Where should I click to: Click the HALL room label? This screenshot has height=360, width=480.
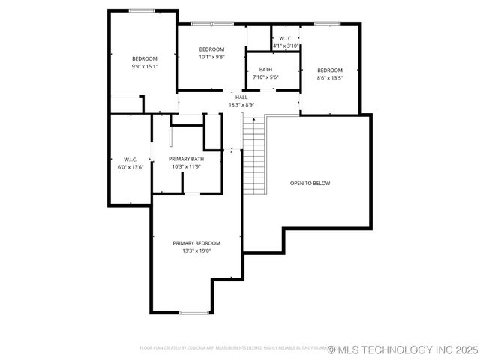point(241,97)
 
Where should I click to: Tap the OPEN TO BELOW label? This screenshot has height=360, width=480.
point(310,183)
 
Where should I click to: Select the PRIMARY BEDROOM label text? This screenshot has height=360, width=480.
point(196,243)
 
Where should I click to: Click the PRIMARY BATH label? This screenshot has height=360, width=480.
point(186,159)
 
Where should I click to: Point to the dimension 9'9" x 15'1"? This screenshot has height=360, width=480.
point(145,67)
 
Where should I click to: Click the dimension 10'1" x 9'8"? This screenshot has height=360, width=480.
point(211,57)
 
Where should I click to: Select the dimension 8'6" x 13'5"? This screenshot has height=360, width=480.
point(330,78)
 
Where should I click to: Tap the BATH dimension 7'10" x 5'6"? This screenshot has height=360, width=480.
point(265,77)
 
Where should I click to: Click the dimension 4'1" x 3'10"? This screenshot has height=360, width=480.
point(286,46)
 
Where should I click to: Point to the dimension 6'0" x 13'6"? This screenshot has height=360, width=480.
point(130,167)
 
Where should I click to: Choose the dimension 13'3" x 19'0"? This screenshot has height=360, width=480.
point(196,251)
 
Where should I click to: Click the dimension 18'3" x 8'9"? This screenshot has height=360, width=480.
point(241,105)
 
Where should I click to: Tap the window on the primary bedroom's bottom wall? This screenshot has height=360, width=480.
point(193,312)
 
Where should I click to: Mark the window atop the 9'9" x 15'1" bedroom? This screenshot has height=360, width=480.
point(142,10)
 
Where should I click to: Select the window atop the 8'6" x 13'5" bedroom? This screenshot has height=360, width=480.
point(328,24)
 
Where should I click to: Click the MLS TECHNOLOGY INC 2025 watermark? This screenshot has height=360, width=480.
point(402,349)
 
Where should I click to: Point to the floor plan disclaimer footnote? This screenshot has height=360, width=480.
point(232,348)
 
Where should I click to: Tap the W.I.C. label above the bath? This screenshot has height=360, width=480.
point(286,38)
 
